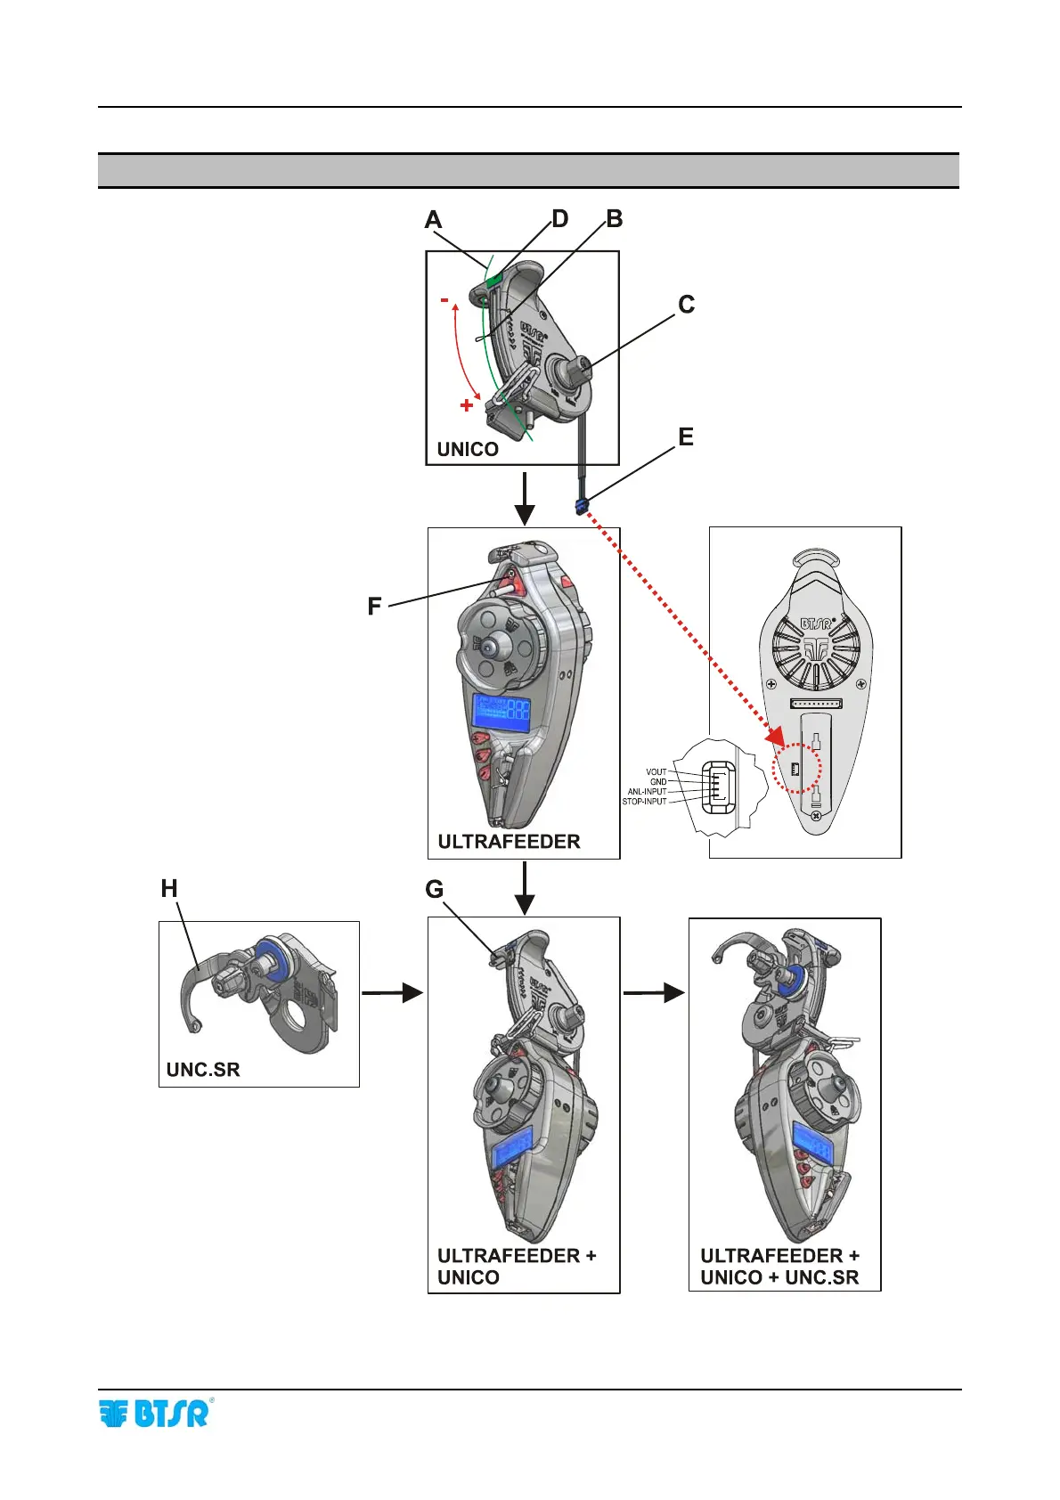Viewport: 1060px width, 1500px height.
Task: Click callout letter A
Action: click(x=434, y=220)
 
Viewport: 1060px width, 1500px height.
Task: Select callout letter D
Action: click(x=559, y=219)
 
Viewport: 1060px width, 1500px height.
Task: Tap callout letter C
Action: click(x=686, y=305)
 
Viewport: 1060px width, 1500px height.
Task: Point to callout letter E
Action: click(x=686, y=437)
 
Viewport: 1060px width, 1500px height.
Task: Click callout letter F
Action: click(x=374, y=607)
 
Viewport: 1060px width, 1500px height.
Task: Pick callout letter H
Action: click(x=169, y=889)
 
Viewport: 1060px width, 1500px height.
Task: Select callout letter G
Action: click(x=434, y=890)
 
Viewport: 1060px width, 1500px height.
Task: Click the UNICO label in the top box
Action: click(x=468, y=450)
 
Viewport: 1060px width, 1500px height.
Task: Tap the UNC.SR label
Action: click(x=203, y=1070)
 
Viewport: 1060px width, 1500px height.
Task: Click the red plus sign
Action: click(x=466, y=406)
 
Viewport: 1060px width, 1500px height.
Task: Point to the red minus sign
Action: click(x=444, y=301)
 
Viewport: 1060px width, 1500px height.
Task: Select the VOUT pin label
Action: click(x=656, y=772)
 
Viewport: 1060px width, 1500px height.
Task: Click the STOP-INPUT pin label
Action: click(x=644, y=802)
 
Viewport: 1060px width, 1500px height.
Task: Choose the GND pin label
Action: click(x=658, y=782)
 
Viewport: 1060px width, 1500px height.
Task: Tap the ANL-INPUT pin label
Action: click(x=647, y=792)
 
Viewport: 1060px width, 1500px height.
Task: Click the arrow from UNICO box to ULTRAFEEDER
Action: click(x=525, y=498)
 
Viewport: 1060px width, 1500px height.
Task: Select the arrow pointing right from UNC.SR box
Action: click(x=392, y=992)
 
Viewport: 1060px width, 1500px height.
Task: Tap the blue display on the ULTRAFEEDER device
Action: click(x=502, y=713)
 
